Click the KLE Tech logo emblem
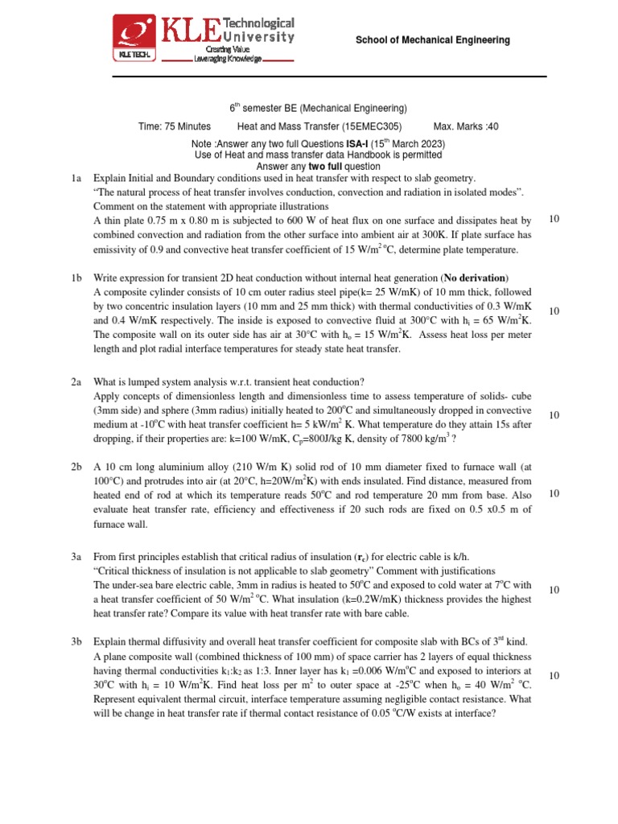pyautogui.click(x=138, y=38)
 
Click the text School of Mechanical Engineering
pyautogui.click(x=433, y=40)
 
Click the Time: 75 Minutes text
pyautogui.click(x=175, y=126)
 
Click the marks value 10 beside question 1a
pyautogui.click(x=554, y=220)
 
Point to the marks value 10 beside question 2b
pyautogui.click(x=554, y=493)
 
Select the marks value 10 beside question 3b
pyautogui.click(x=554, y=675)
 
